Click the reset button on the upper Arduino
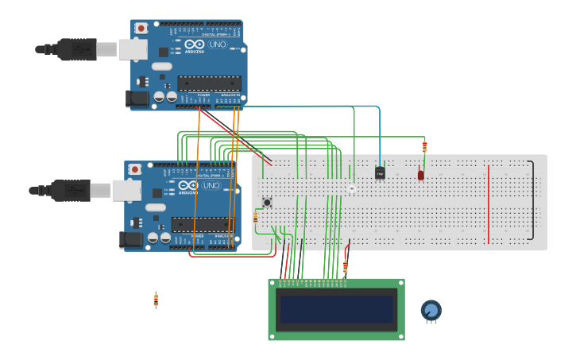tap(141, 29)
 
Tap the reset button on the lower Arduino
tap(135, 169)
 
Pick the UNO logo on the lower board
tap(211, 186)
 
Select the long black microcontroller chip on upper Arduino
tap(209, 83)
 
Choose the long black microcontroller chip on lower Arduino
tap(203, 224)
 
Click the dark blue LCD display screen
tap(336, 309)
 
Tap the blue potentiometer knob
tap(431, 310)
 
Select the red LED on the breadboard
tap(420, 174)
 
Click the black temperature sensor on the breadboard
tap(380, 172)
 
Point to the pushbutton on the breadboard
tap(267, 203)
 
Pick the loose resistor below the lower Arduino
tap(156, 300)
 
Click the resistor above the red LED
tap(424, 146)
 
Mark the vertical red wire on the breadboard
tap(489, 204)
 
